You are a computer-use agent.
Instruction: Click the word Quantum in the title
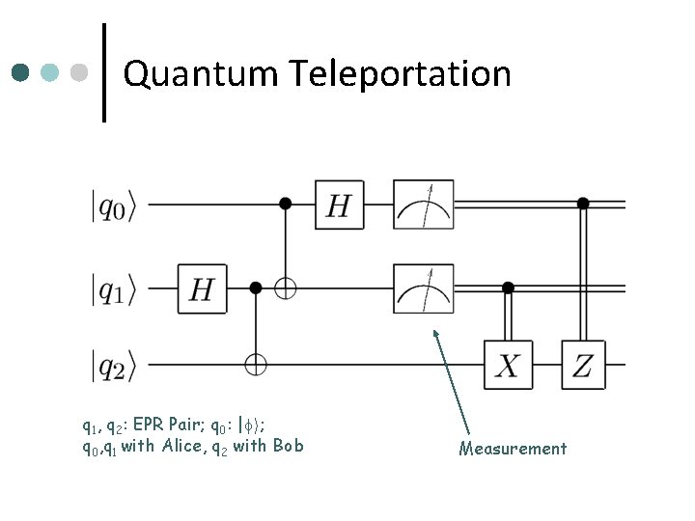200,73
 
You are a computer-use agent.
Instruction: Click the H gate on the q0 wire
338,206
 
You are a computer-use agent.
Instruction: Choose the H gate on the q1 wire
201,288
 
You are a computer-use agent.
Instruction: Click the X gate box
508,365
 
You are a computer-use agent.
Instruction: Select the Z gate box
583,365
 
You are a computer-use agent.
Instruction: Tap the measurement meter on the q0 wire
422,206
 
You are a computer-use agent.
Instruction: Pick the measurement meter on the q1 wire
422,287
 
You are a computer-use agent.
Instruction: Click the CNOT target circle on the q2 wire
256,366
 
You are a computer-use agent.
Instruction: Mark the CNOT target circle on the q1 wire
285,288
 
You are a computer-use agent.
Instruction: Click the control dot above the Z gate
583,204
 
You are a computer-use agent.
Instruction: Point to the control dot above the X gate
508,287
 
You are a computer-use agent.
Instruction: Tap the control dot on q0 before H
285,204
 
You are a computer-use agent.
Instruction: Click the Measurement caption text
513,449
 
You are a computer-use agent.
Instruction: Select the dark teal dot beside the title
21,73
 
